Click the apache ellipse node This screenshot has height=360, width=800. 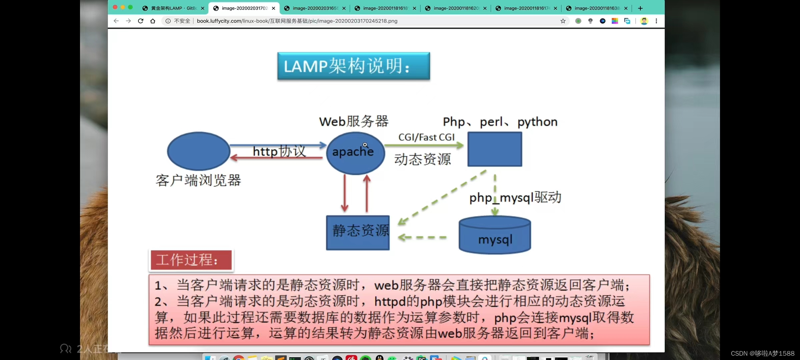(x=355, y=153)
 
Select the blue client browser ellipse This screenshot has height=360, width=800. (x=199, y=151)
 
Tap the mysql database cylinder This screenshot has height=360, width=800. (x=495, y=235)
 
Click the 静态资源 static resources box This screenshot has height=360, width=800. (x=358, y=233)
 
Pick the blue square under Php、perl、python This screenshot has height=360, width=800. (x=495, y=149)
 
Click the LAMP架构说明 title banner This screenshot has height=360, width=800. (x=353, y=66)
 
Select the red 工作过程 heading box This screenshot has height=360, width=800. (x=191, y=260)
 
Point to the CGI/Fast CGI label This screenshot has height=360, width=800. (x=426, y=137)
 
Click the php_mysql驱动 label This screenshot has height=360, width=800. (x=515, y=198)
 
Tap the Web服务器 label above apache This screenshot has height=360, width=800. (x=354, y=121)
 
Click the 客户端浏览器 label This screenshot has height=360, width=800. (x=198, y=180)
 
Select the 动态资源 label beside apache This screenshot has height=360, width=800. (x=422, y=159)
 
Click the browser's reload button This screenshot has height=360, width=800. (x=141, y=21)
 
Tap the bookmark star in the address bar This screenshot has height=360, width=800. (x=563, y=21)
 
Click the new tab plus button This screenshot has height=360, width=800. (x=640, y=8)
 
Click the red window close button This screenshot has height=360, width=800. (x=115, y=7)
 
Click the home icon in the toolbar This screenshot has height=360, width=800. (x=153, y=21)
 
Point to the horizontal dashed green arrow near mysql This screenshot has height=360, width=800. (x=422, y=237)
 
